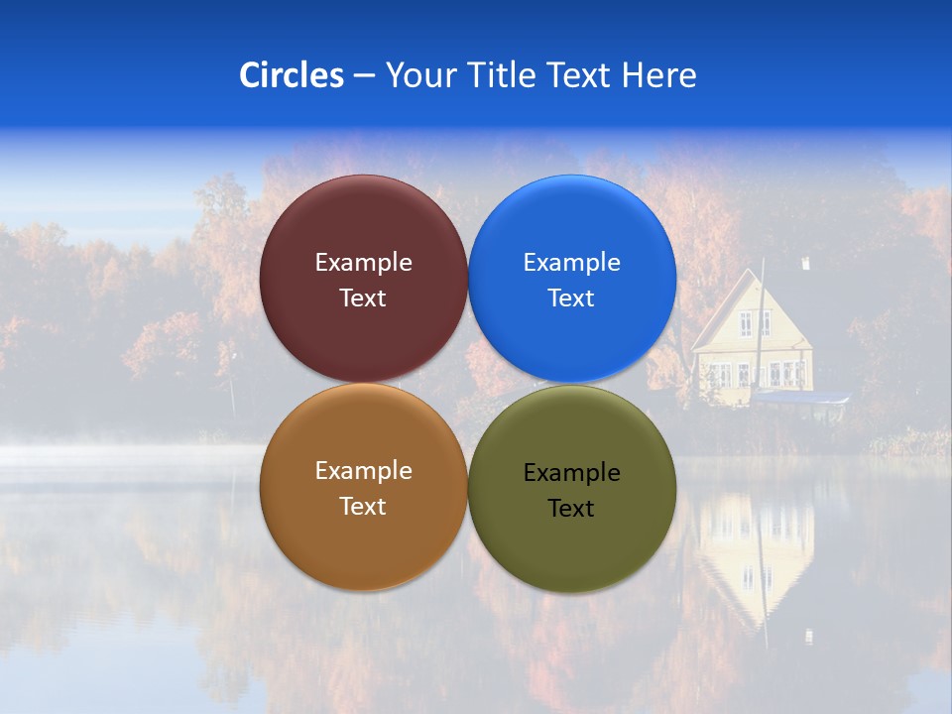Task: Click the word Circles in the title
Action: click(x=291, y=75)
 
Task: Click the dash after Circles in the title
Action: click(x=364, y=76)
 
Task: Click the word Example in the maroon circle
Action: click(x=363, y=263)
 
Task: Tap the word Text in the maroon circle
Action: click(x=363, y=298)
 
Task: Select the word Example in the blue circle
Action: click(x=571, y=263)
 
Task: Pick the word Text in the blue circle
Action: click(x=571, y=298)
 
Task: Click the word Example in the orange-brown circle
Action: click(x=363, y=471)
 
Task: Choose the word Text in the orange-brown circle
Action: click(x=363, y=507)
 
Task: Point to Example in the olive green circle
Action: click(x=571, y=473)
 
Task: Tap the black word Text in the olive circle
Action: click(x=571, y=509)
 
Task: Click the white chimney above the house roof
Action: click(x=806, y=264)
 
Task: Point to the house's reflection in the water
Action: click(x=754, y=555)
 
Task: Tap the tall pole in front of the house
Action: click(x=762, y=327)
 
